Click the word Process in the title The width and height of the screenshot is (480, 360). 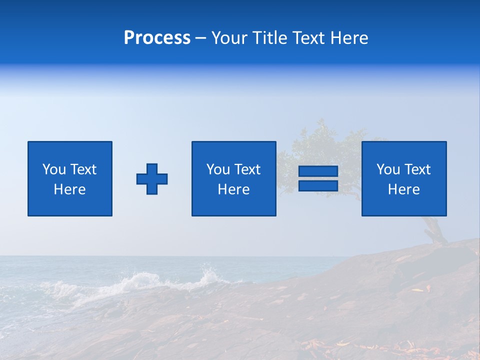click(x=157, y=38)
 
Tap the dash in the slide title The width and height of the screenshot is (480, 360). click(x=201, y=38)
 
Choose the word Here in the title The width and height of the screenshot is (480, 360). click(x=349, y=38)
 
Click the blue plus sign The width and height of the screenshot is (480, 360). click(x=152, y=179)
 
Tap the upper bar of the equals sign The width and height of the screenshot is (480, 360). click(x=318, y=171)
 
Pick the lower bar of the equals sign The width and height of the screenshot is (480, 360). click(x=318, y=185)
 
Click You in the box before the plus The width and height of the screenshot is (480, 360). click(x=54, y=169)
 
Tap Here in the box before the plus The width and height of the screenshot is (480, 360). click(x=69, y=189)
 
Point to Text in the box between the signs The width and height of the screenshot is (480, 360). click(x=248, y=169)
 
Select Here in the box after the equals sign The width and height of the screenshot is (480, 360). click(x=403, y=189)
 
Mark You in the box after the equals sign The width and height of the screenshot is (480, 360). click(x=388, y=169)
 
